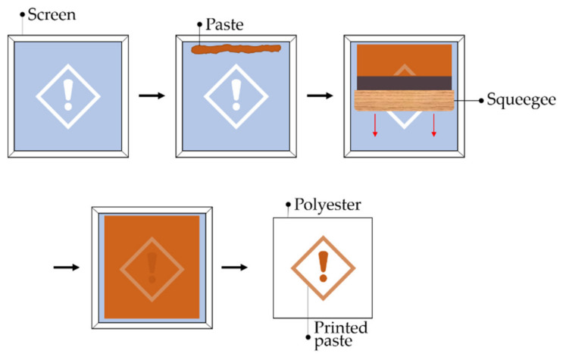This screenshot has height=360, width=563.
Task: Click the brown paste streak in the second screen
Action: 235,50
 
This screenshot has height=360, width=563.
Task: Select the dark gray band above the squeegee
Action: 402,83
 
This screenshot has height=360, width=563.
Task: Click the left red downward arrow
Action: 374,126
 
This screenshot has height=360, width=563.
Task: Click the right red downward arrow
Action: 433,126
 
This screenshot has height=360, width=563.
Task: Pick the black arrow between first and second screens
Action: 152,96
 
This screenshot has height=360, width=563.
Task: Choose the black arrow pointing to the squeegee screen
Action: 320,96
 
